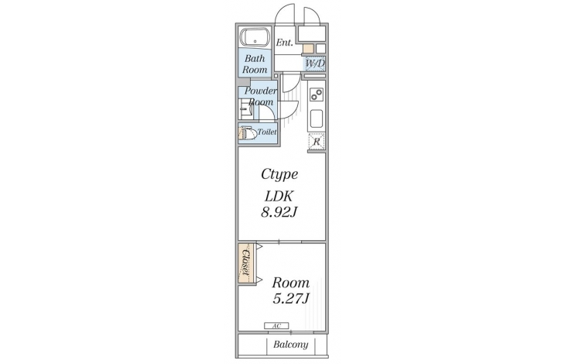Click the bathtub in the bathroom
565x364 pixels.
click(255, 36)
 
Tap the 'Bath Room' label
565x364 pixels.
click(255, 64)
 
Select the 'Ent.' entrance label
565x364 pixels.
click(284, 43)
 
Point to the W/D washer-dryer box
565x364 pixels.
click(315, 64)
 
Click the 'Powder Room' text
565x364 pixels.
click(261, 96)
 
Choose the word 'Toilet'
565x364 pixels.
click(267, 132)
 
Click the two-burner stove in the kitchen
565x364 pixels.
click(317, 94)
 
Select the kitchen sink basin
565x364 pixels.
click(317, 118)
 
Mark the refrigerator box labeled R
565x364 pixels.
click(317, 141)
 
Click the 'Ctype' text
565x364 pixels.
click(279, 175)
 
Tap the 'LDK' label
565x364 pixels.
click(279, 197)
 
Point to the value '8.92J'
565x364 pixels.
click(279, 212)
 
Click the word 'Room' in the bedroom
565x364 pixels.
click(291, 283)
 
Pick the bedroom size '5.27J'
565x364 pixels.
click(291, 298)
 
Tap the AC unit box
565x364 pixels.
click(276, 326)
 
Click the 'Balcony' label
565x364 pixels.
click(291, 345)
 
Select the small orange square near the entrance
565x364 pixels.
click(308, 48)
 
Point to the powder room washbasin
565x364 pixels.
click(245, 109)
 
